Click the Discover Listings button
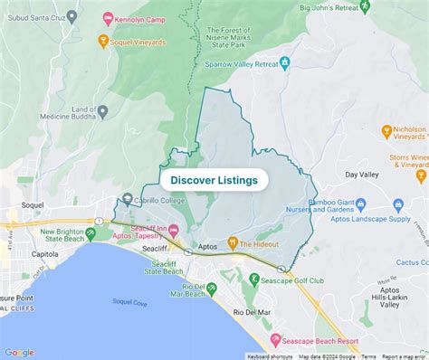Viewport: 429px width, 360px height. [214, 180]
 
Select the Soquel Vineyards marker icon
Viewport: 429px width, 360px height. [103, 41]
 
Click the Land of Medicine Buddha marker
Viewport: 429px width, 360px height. [102, 112]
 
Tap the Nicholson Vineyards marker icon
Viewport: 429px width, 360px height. [386, 130]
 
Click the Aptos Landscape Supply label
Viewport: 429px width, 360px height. [378, 217]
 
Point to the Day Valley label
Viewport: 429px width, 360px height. [361, 174]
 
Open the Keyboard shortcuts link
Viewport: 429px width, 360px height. [271, 356]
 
